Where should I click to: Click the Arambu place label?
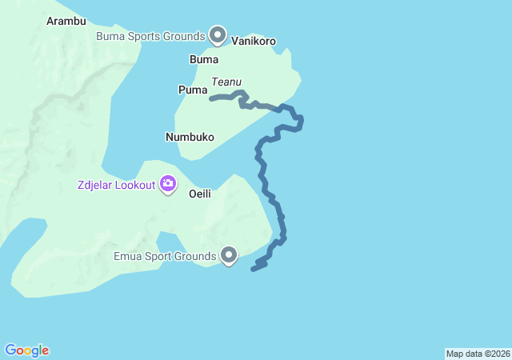(66, 21)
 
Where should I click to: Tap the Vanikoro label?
(254, 40)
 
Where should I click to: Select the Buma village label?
(203, 59)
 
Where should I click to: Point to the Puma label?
(193, 90)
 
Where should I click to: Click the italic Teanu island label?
(226, 82)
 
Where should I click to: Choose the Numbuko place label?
(190, 137)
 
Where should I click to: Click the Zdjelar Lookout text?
(116, 185)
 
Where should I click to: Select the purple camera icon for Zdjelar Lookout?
(168, 184)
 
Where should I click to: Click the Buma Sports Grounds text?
(150, 36)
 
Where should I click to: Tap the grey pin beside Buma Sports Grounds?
(218, 34)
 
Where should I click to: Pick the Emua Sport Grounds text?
(165, 257)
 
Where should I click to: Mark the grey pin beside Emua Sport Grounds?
(229, 255)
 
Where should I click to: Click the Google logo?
(26, 350)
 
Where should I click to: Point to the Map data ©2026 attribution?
(478, 354)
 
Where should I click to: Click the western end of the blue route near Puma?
(211, 98)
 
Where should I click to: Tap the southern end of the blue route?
(253, 269)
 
